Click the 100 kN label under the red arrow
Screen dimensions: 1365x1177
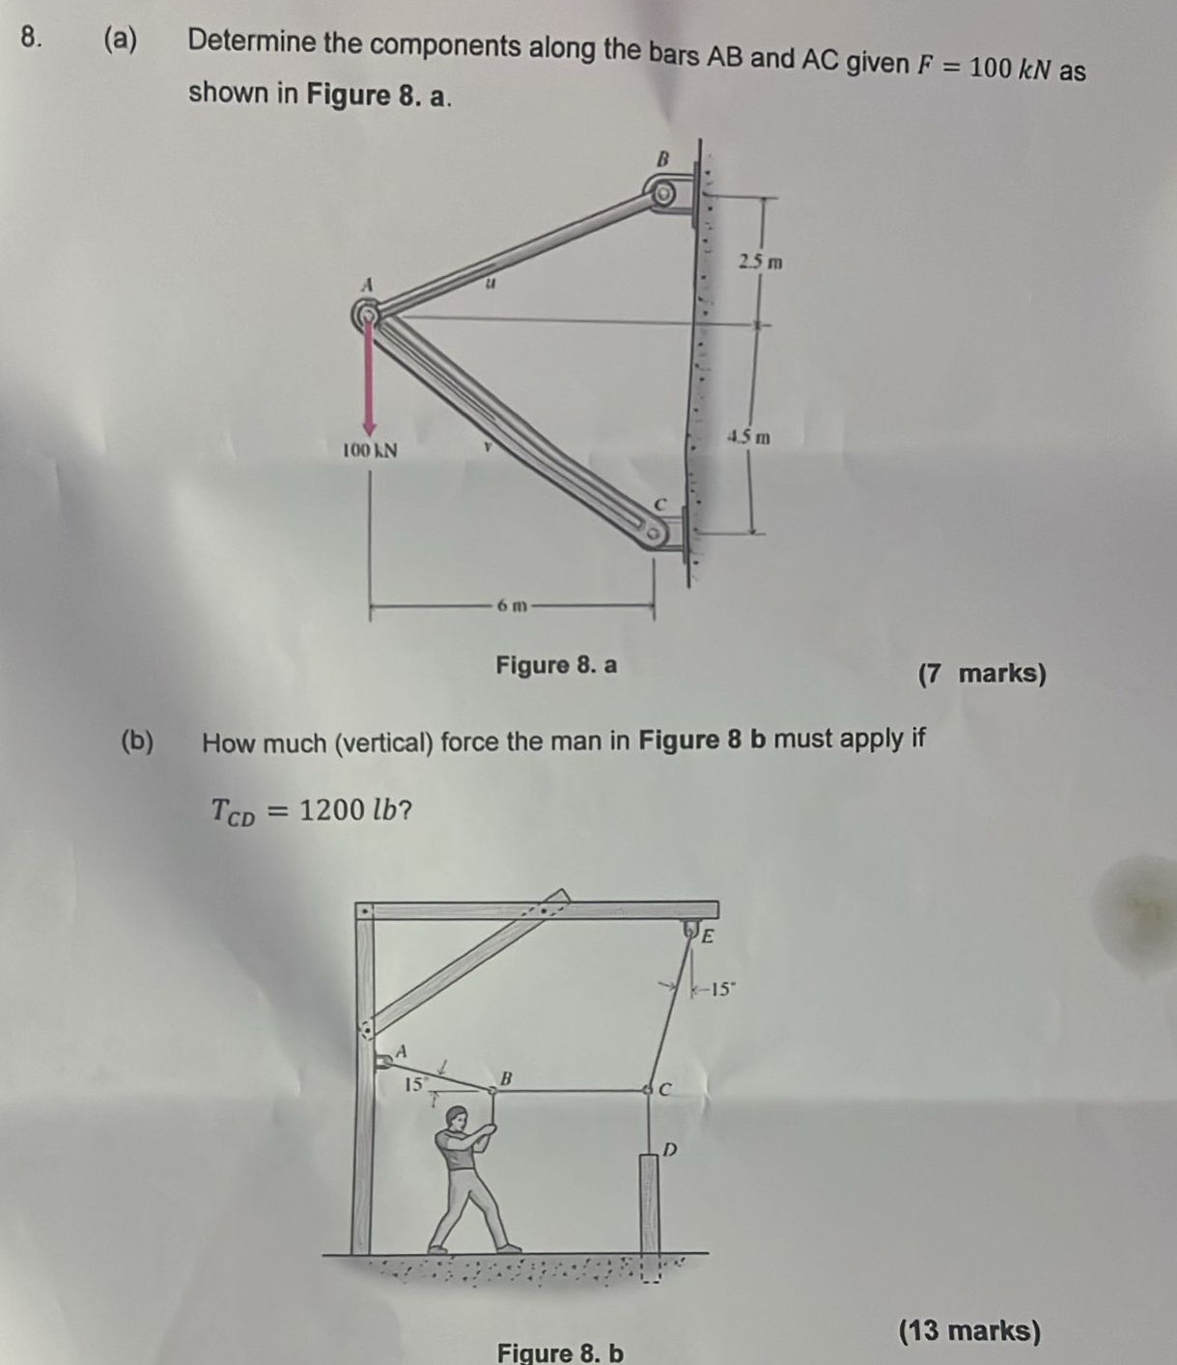[371, 451]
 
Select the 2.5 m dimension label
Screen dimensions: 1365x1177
[761, 262]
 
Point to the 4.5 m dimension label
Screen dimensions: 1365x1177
[749, 437]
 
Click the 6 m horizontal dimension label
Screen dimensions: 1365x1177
[513, 606]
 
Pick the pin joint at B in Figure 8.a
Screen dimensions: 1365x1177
[662, 193]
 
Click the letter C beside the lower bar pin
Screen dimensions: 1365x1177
[661, 503]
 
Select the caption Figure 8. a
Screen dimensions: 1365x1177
[556, 665]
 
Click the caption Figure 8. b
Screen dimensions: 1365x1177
[560, 1352]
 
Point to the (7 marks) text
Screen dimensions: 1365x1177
[982, 673]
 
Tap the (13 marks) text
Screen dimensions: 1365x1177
[969, 1331]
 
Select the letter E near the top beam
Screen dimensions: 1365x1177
[708, 935]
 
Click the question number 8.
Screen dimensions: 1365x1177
[32, 37]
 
